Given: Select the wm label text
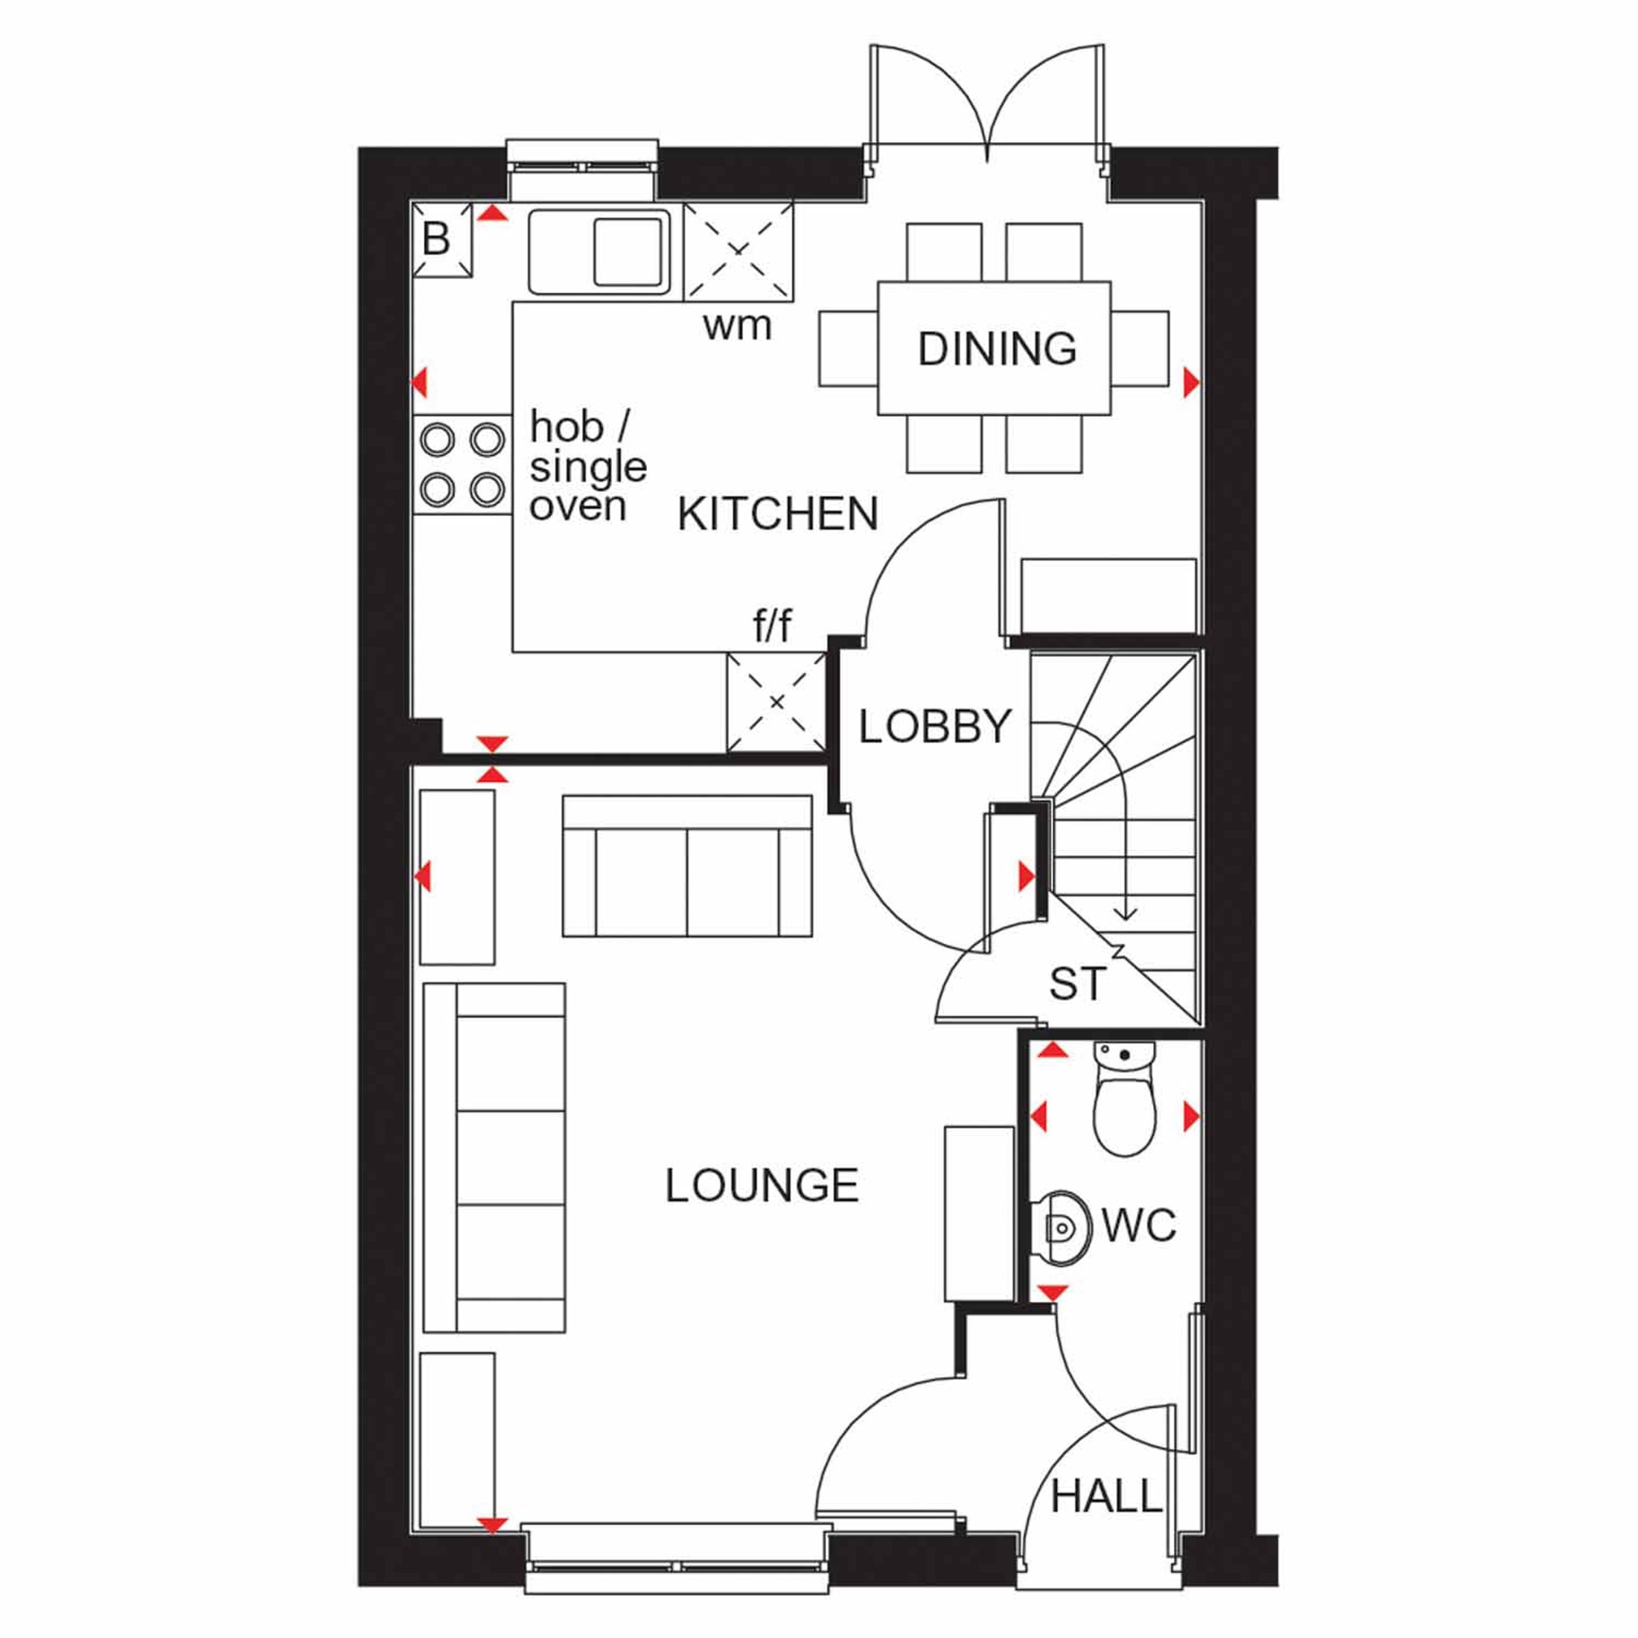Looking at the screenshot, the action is point(736,326).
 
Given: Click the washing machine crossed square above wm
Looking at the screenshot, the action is point(738,251).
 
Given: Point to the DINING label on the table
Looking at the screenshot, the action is point(997,349).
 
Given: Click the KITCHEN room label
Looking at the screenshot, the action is point(777,514).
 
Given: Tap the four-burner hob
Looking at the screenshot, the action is point(463,465).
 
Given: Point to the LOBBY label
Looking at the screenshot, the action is point(935,727).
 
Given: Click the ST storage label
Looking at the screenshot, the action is point(1076,983).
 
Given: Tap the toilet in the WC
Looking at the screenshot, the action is point(1124,1098).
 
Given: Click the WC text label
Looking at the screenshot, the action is point(1139,1225).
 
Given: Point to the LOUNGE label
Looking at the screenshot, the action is point(761,1185).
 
